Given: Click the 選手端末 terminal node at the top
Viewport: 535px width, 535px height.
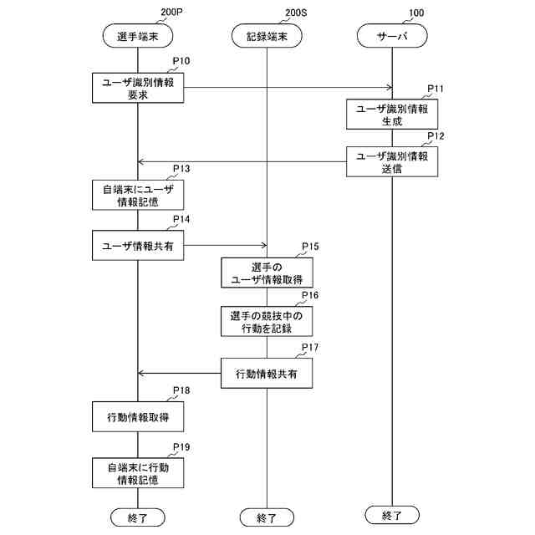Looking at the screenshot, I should point(137,36).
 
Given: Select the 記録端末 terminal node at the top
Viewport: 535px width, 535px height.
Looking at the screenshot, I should point(267,36).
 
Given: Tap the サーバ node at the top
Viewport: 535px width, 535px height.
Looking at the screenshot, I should point(392,36).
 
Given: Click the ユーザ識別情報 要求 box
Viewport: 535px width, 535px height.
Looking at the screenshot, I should point(138,88).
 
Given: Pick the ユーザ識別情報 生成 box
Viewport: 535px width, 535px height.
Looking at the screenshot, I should point(392,115).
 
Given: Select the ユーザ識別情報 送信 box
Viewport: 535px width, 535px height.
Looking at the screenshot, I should point(392,161).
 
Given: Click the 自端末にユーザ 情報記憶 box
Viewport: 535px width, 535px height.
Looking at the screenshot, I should point(138,195).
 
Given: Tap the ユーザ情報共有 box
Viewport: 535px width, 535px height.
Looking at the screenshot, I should point(138,246).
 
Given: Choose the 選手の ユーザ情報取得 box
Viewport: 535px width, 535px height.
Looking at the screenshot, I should point(267,273).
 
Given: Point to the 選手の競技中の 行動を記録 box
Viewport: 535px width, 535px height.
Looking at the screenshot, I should point(267,322).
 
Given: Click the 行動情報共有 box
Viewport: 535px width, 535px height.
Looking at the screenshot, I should point(267,373).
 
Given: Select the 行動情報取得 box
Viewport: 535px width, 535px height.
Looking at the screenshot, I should point(138,415).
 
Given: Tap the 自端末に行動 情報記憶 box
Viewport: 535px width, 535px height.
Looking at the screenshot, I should point(138,473).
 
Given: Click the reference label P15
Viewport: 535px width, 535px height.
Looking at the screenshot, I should point(310,247).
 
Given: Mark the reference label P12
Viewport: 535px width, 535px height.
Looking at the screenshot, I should point(436,135).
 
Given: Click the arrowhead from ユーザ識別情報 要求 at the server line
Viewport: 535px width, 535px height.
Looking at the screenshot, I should point(389,87).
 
